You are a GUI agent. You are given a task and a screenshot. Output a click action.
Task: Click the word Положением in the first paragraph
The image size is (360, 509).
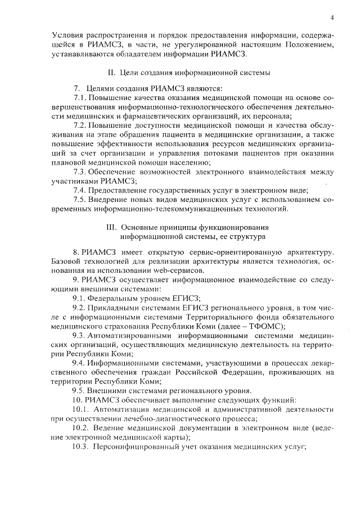tap(308, 44)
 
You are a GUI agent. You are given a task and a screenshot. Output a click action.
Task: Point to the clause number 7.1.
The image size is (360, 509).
tap(82, 98)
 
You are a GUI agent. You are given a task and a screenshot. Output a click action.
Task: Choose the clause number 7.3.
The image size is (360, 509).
tap(82, 170)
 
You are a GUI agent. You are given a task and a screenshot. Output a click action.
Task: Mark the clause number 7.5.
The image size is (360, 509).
tap(82, 200)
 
